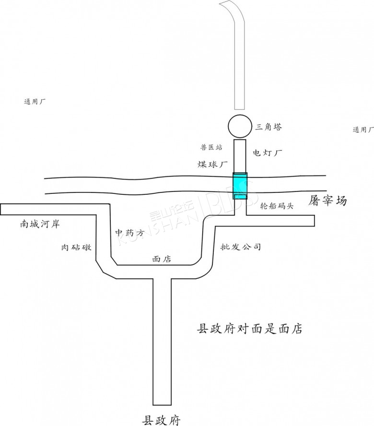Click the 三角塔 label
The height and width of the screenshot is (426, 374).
tap(269, 127)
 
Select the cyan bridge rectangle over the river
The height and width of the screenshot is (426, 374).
tap(240, 186)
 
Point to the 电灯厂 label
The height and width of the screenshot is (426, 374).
tap(268, 153)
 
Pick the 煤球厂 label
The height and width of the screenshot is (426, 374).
tap(212, 165)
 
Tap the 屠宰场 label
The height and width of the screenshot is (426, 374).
tap(327, 201)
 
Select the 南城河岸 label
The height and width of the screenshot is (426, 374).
tap(39, 224)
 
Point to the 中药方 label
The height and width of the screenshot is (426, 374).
tap(129, 232)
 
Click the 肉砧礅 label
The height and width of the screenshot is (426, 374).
tap(76, 247)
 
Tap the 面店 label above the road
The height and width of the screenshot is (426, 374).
tap(162, 259)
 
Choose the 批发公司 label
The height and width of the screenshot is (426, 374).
tap(241, 247)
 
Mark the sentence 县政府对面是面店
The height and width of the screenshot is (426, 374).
tap(250, 329)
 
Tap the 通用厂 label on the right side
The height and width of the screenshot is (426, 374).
tap(363, 130)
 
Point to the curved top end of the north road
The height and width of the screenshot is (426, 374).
tap(229, 6)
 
